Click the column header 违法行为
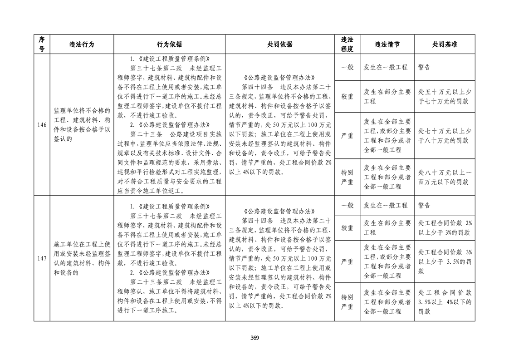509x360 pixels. point(82,44)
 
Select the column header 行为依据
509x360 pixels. point(169,44)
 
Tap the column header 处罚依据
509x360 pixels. point(280,44)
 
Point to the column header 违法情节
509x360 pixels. point(387,44)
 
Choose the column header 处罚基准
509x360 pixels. point(445,44)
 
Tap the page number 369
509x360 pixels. point(254,337)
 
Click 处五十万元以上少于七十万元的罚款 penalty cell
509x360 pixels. point(445,96)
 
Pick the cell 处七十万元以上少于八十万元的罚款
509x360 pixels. point(445,136)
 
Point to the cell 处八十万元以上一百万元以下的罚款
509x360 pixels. point(445,178)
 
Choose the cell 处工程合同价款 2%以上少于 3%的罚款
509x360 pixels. point(445,228)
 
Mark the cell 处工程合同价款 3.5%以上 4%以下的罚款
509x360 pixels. point(445,302)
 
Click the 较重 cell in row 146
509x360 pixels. point(347,96)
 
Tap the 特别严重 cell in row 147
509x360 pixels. point(347,302)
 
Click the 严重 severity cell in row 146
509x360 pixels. point(347,136)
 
